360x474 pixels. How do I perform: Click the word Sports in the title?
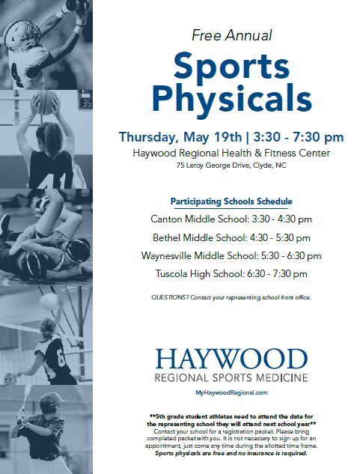coord(231,67)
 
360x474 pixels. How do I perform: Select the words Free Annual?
coord(232,35)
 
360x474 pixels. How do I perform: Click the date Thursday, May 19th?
coord(180,137)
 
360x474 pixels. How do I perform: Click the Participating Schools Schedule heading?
coord(231,201)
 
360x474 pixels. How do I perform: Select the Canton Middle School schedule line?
coord(231,219)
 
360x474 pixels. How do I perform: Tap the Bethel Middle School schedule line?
coord(231,237)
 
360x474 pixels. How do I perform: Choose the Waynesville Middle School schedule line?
coord(231,256)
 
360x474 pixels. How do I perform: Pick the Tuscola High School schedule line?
coord(231,274)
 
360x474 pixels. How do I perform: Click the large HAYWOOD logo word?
coord(231,359)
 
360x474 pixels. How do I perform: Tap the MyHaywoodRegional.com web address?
coord(231,392)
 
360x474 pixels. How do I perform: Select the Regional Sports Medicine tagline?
coord(231,378)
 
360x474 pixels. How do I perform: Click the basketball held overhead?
coord(46,102)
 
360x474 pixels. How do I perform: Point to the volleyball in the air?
coord(49,301)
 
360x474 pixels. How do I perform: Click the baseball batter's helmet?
coord(52,403)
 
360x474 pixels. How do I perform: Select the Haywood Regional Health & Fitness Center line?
coord(231,154)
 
